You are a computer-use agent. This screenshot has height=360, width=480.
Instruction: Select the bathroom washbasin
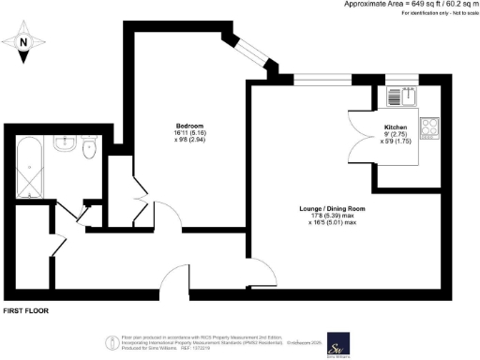click(x=66, y=144)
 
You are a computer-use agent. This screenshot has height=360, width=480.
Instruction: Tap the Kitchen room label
click(x=396, y=126)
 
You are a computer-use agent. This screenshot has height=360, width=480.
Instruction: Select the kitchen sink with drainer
click(x=404, y=95)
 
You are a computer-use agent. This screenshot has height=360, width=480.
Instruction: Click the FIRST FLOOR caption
click(x=25, y=309)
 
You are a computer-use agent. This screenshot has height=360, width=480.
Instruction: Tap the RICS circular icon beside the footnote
click(x=109, y=342)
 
